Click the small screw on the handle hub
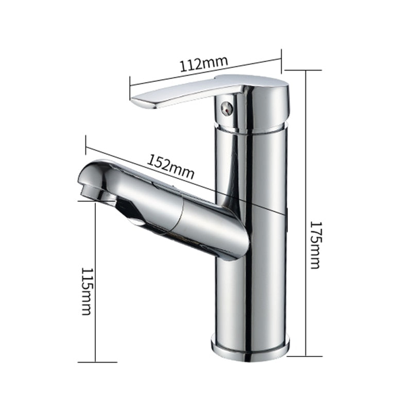point(226,109)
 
